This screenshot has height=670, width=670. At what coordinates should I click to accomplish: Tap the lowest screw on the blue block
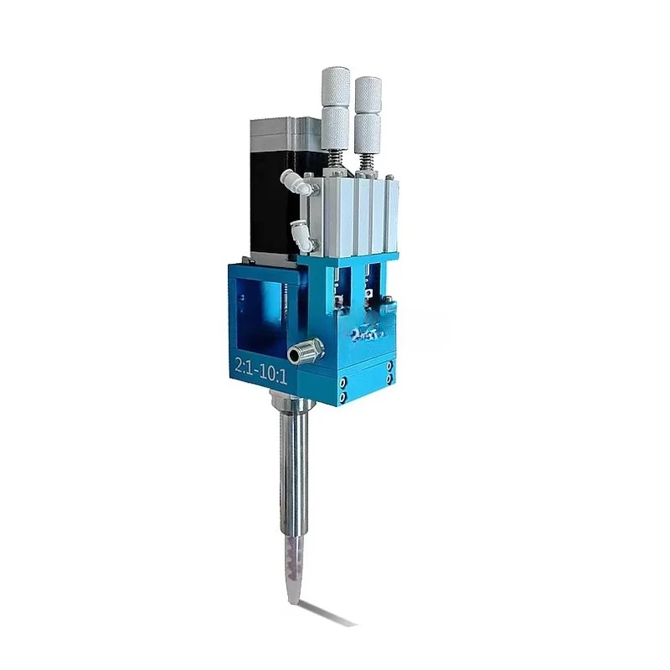[344, 395]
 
